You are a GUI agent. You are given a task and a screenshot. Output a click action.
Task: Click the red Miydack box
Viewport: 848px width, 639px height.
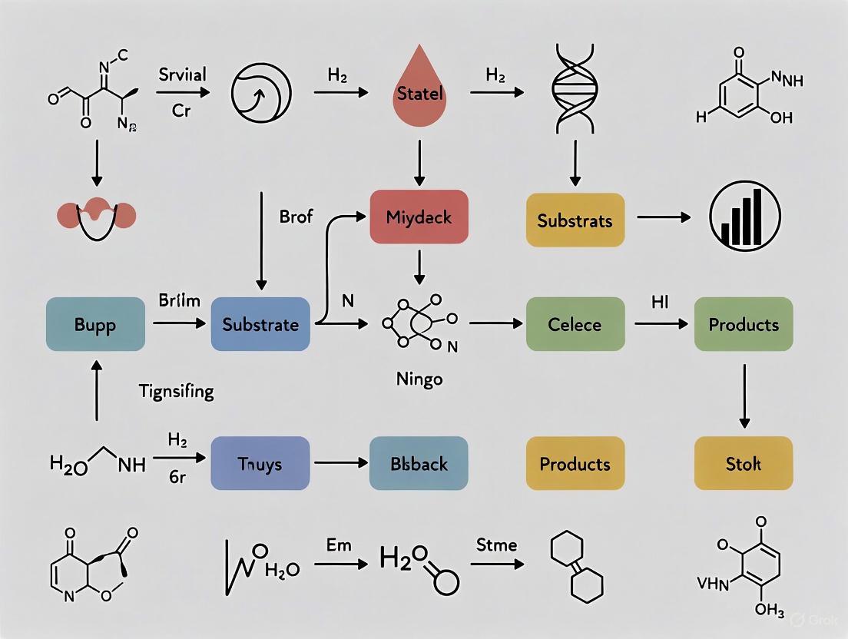coord(419,217)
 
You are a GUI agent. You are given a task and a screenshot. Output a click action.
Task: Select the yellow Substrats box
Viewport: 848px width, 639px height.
coord(575,220)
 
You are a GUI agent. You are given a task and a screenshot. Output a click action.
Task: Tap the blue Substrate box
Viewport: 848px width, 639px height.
coord(260,324)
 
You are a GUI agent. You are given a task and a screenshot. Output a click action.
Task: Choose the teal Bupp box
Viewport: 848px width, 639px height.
coord(95,324)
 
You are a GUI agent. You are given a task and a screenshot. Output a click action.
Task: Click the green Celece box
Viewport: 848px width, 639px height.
coord(575,324)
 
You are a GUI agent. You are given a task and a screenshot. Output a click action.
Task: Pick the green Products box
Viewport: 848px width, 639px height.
coord(743,324)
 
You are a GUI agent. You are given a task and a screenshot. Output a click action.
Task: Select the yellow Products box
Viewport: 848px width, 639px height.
coord(575,463)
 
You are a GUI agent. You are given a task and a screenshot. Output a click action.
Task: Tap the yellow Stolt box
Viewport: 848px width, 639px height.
coord(743,463)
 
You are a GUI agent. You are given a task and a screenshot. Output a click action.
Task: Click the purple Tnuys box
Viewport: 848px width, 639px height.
coord(260,463)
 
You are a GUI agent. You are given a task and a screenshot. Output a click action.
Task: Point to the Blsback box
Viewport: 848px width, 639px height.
coord(419,463)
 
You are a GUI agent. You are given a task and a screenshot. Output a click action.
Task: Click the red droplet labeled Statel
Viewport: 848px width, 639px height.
coord(419,94)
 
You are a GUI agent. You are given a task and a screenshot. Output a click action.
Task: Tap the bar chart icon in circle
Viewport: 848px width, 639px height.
coord(743,216)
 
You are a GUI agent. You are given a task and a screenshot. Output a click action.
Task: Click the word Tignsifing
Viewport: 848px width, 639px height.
coord(177,392)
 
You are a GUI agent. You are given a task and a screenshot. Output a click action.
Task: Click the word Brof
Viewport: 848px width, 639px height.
coord(296,217)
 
